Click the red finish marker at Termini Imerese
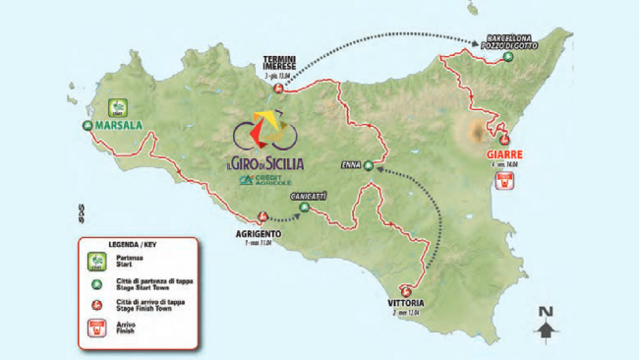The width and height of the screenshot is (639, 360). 278,90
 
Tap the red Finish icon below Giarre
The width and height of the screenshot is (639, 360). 507,184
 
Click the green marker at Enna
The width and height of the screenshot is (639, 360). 369,166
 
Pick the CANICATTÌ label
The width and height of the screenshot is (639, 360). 308,197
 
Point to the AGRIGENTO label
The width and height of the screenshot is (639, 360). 259,233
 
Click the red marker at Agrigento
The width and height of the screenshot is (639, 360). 262,217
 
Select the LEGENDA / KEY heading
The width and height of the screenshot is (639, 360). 122,241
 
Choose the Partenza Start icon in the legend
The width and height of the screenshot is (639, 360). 98,261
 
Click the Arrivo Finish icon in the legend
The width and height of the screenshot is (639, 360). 98,330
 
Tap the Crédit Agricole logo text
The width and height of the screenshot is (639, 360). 272,180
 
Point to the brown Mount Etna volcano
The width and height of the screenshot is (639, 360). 482,131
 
